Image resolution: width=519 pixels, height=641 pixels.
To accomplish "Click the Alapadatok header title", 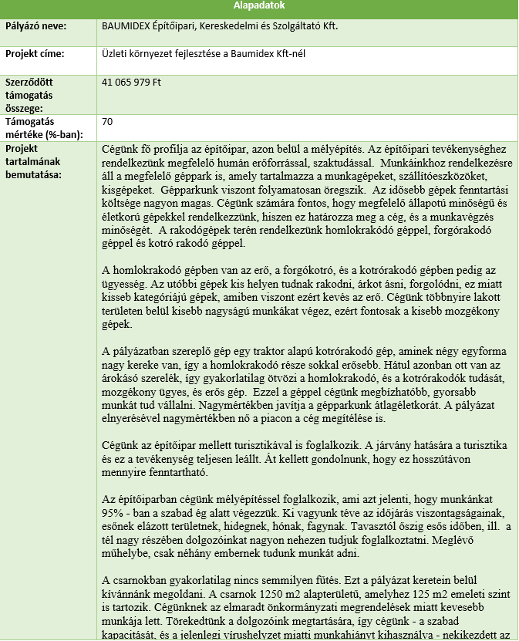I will pos(259,5).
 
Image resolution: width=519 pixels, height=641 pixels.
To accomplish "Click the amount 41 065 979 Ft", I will pos(131,81).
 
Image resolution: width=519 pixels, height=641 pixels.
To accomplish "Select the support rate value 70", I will pos(107,121).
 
